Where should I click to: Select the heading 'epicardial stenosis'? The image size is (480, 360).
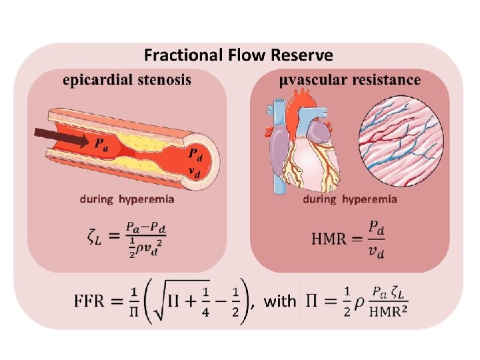tap(127, 80)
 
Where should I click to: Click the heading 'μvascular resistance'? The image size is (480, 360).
tap(350, 80)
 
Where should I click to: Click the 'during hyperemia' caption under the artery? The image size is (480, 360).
tap(127, 199)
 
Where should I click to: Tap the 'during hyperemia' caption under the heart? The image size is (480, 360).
tap(350, 199)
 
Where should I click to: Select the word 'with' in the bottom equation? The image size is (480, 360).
tap(280, 301)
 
